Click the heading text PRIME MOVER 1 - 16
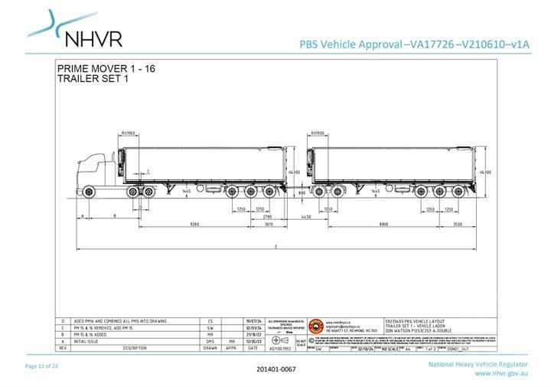click(106, 69)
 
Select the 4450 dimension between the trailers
click(305, 217)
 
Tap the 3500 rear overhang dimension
click(458, 225)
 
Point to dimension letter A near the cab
click(81, 217)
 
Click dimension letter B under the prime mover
click(114, 217)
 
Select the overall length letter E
click(275, 247)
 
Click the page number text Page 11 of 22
click(42, 366)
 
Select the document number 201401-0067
click(275, 369)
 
